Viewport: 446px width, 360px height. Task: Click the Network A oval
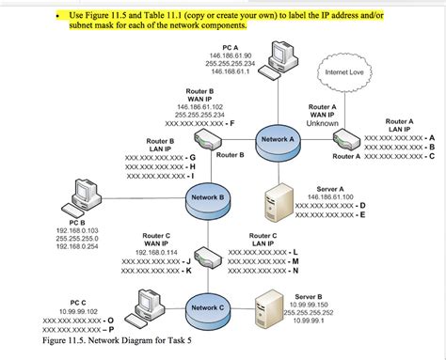pos(278,139)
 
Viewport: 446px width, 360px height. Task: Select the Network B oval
pos(208,198)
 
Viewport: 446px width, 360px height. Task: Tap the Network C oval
pos(208,306)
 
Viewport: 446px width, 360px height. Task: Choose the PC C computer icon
pos(146,305)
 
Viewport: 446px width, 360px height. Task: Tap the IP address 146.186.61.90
pos(231,55)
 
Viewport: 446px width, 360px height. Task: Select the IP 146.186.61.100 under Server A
pos(329,196)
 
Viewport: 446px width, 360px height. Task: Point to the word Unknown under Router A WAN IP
pos(322,124)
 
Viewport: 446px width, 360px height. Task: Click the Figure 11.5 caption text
pos(104,341)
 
